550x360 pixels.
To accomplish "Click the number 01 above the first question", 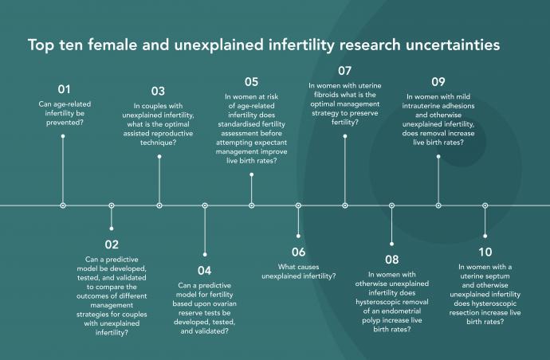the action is pyautogui.click(x=64, y=89).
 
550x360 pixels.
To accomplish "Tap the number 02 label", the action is pyautogui.click(x=112, y=245).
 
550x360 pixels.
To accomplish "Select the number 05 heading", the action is pyautogui.click(x=252, y=82).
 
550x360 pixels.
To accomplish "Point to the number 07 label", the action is pyautogui.click(x=345, y=71).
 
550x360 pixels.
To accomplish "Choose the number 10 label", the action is pyautogui.click(x=485, y=252).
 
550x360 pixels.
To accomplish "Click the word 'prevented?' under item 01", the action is pyautogui.click(x=65, y=123).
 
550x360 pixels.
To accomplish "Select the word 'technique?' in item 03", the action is pyautogui.click(x=158, y=143).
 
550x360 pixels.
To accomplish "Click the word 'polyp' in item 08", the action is pyautogui.click(x=371, y=320).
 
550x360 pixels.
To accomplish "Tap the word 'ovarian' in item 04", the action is pyautogui.click(x=224, y=303).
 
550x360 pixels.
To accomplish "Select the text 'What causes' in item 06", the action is pyautogui.click(x=298, y=267).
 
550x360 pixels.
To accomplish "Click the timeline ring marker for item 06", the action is pyautogui.click(x=298, y=205).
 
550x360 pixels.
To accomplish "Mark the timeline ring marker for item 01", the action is pyautogui.click(x=63, y=205).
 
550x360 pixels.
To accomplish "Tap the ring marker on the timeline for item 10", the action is pyautogui.click(x=485, y=205).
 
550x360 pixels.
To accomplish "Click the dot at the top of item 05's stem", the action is pyautogui.click(x=252, y=174).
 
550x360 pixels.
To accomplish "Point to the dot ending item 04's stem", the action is pyautogui.click(x=205, y=255).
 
